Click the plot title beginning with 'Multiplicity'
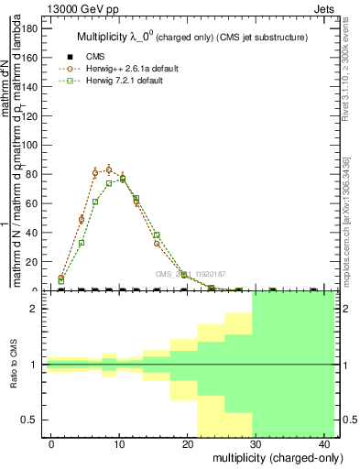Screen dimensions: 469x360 pyautogui.click(x=191, y=38)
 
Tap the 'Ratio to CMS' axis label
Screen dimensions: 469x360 pyautogui.click(x=15, y=365)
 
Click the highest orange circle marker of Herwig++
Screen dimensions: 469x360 pyautogui.click(x=108, y=169)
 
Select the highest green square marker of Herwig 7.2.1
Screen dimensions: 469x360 pyautogui.click(x=122, y=179)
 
